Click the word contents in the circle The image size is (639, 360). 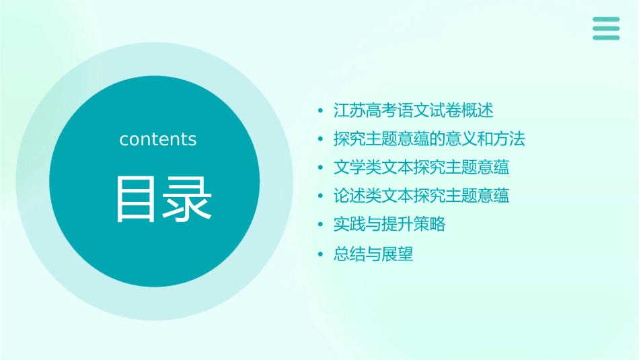(x=158, y=139)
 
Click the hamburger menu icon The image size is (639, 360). (x=606, y=28)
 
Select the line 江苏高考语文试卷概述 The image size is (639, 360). (x=414, y=110)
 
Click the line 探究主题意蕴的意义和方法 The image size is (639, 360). (x=429, y=139)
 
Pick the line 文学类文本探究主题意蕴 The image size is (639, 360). (x=422, y=167)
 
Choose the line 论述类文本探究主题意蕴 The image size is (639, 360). (x=422, y=196)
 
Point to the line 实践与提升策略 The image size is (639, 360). (x=389, y=225)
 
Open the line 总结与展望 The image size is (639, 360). (x=373, y=254)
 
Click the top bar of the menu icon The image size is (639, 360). (x=606, y=20)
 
